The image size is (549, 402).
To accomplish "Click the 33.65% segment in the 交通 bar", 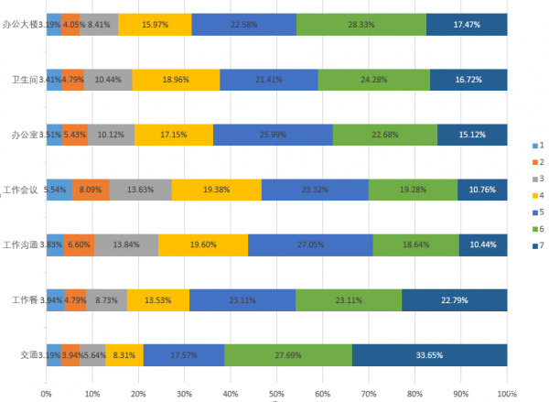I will (429, 354).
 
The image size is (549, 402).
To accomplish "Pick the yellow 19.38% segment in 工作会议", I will (216, 190).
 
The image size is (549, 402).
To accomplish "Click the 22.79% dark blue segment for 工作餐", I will (454, 299).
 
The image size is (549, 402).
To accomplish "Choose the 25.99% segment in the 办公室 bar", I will (273, 135).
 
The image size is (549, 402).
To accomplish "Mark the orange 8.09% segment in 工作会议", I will (91, 190).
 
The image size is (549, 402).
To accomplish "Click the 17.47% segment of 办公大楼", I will (467, 25).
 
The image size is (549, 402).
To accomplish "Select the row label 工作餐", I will (24, 299).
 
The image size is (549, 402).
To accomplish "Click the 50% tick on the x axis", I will (276, 394).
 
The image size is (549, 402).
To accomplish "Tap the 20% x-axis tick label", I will (138, 394).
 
